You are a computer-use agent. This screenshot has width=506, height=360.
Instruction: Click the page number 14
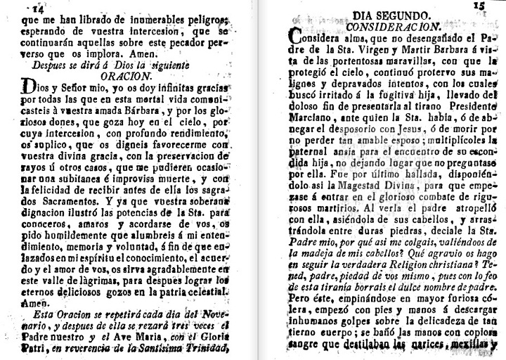pyautogui.click(x=35, y=8)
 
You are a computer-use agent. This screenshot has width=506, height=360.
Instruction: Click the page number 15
pyautogui.click(x=479, y=7)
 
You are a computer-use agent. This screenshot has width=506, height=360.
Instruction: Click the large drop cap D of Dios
pyautogui.click(x=29, y=88)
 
